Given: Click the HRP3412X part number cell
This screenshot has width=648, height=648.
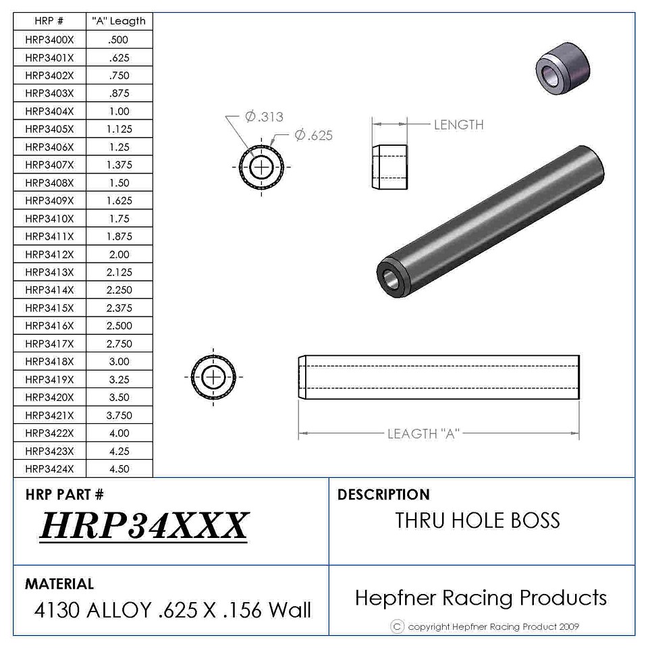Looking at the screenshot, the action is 49,254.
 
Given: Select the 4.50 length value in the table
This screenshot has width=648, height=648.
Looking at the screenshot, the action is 119,469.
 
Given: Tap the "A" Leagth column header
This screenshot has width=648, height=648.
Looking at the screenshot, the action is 119,21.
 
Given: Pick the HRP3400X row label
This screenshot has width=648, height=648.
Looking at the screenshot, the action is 49,40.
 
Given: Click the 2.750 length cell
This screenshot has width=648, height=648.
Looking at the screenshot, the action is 119,344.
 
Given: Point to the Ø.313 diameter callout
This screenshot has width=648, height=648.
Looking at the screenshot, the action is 265,117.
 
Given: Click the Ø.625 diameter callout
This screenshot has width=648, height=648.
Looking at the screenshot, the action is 314,135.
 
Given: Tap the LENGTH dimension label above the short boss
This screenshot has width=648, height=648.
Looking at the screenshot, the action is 459,125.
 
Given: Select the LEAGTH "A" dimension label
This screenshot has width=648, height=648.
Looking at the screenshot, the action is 424,434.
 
